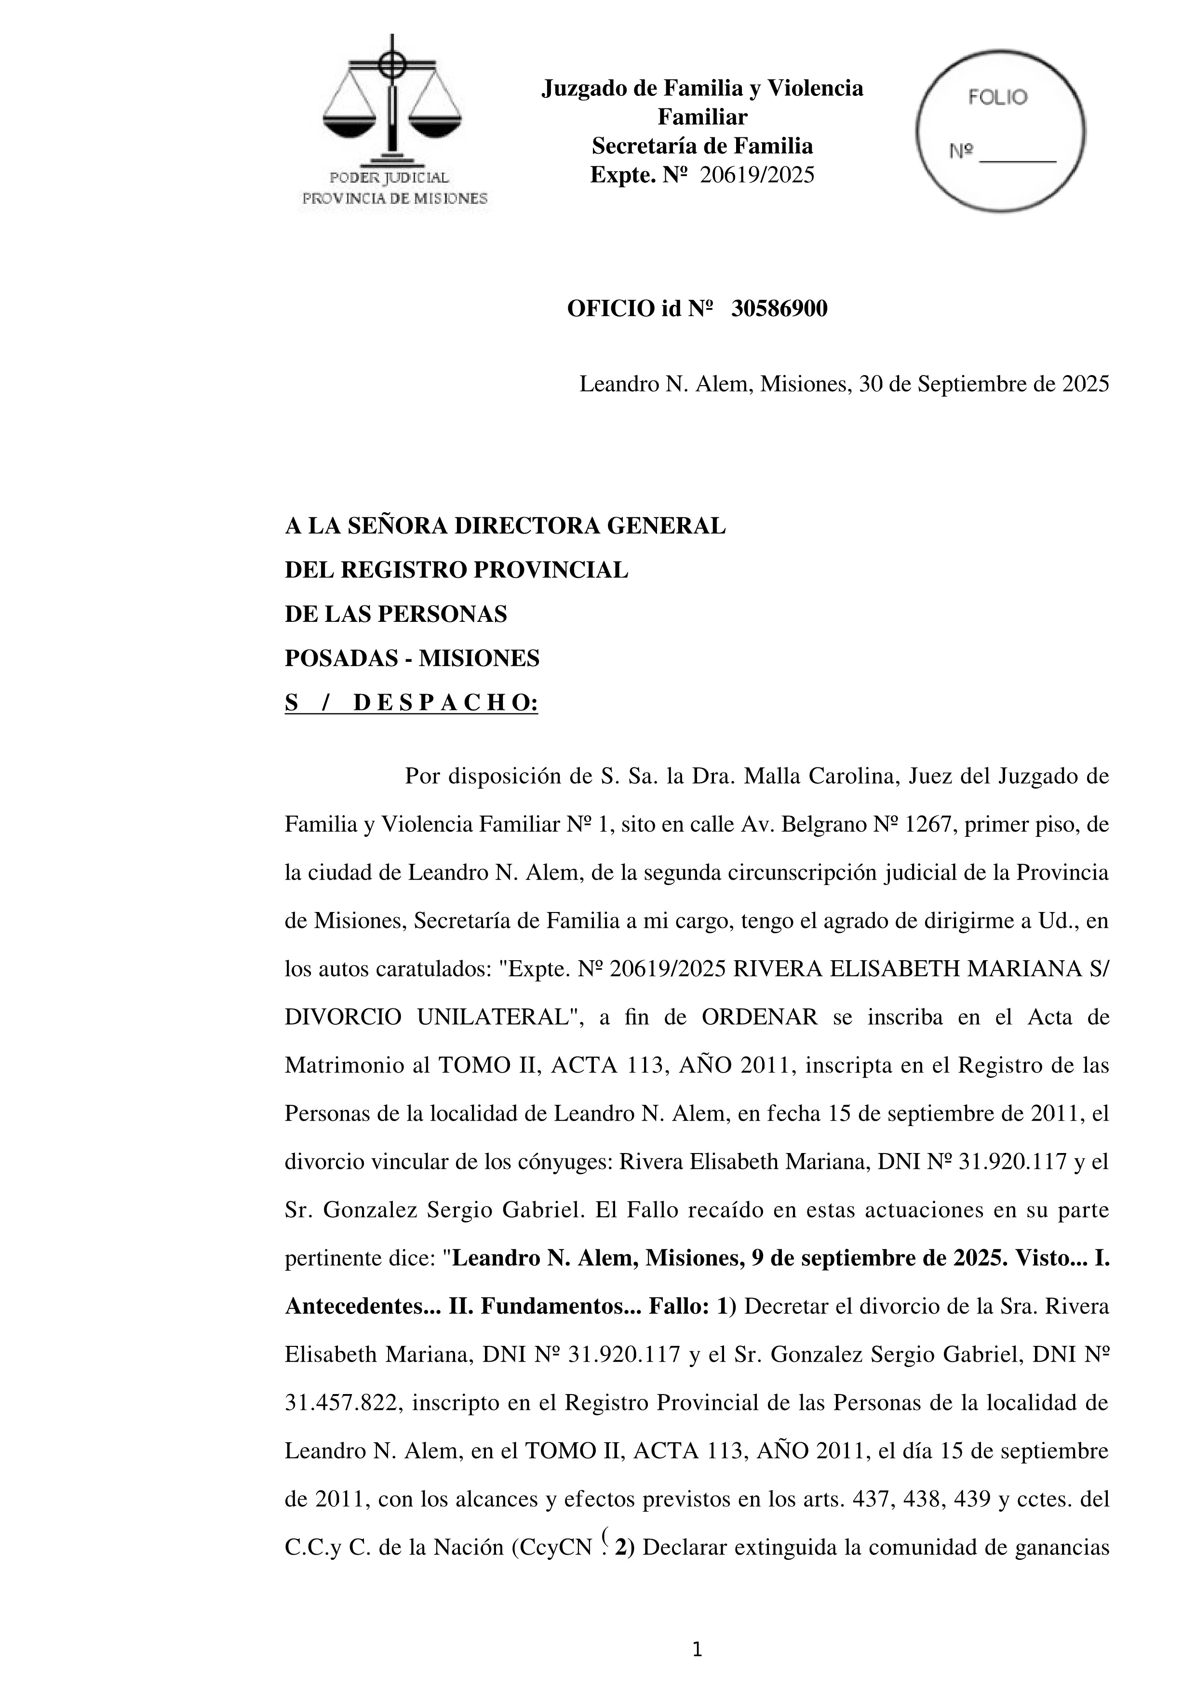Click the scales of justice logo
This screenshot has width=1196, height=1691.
392,99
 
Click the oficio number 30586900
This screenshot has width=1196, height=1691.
779,309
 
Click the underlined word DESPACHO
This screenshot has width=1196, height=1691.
445,703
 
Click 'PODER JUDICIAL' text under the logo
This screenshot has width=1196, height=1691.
389,177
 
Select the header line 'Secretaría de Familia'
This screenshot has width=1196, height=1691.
702,146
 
